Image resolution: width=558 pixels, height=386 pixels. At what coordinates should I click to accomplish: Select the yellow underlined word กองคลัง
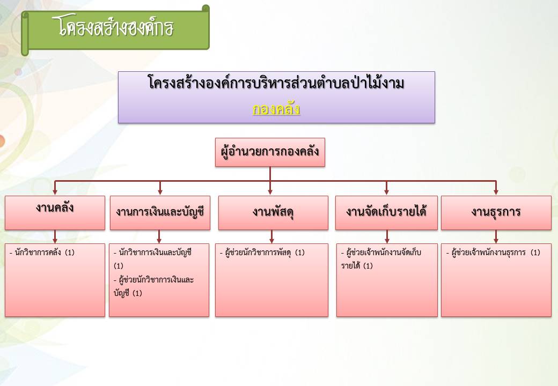pyautogui.click(x=276, y=109)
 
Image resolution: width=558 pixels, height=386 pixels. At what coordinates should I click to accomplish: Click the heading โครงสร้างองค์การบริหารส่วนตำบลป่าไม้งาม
pyautogui.click(x=276, y=83)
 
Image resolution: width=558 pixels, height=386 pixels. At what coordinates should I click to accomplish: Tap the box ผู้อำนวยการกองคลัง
pyautogui.click(x=270, y=152)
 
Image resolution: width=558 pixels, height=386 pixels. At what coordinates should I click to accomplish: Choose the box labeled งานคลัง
pyautogui.click(x=55, y=212)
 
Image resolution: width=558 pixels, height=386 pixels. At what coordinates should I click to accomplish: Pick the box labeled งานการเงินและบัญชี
pyautogui.click(x=160, y=212)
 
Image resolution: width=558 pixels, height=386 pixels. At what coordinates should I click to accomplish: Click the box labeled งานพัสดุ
pyautogui.click(x=273, y=212)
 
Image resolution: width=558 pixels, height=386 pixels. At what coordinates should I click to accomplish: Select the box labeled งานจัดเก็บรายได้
pyautogui.click(x=386, y=212)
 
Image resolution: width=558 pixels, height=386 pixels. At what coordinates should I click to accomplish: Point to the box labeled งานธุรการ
pyautogui.click(x=496, y=212)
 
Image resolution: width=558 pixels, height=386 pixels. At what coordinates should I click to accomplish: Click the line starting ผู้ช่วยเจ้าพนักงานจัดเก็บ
pyautogui.click(x=381, y=253)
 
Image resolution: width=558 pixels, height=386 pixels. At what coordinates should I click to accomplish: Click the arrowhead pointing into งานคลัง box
pyautogui.click(x=55, y=192)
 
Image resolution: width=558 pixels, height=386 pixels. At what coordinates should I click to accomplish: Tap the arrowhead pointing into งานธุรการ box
pyautogui.click(x=496, y=192)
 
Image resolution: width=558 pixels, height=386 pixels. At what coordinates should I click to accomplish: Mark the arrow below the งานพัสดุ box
pyautogui.click(x=271, y=236)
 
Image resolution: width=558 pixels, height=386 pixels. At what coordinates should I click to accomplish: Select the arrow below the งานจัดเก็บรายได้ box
pyautogui.click(x=387, y=236)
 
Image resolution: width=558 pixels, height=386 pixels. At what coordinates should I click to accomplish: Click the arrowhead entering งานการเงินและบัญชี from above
pyautogui.click(x=160, y=192)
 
